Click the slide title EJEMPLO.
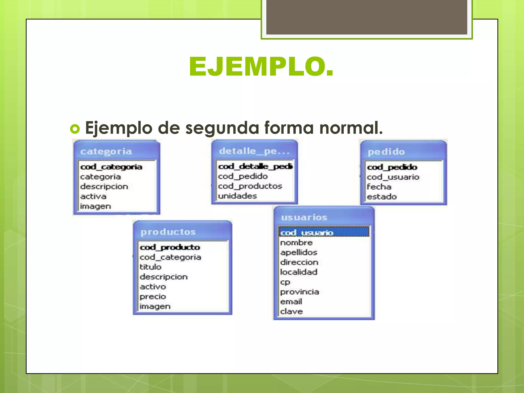[261, 67]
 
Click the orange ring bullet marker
[75, 128]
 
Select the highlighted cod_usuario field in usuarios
[307, 233]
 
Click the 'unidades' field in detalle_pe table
[237, 196]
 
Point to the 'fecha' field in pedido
[379, 187]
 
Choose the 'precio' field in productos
[153, 297]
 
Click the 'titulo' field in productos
[150, 267]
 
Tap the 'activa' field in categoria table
[93, 196]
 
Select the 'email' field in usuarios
[291, 302]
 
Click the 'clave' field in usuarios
[291, 311]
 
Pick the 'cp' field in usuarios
[285, 282]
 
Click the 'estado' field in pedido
[382, 197]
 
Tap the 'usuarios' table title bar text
[304, 217]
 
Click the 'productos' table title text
[168, 232]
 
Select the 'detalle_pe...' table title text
[254, 151]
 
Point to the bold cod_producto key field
[170, 247]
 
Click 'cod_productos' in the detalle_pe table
[250, 186]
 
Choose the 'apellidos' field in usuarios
[299, 253]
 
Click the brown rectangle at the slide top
[367, 17]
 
